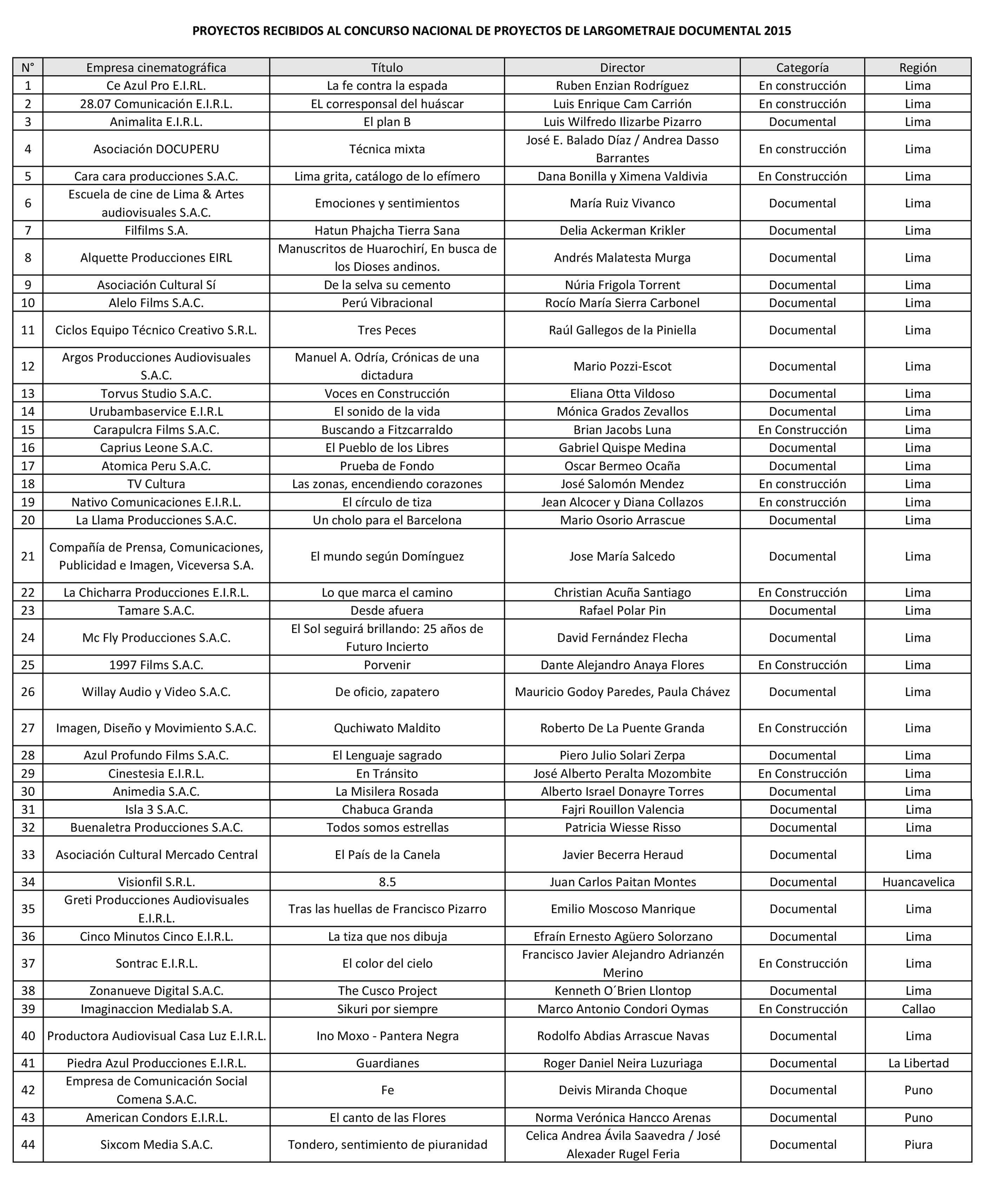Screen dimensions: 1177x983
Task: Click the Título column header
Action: point(387,68)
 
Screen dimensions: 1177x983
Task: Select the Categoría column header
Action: point(802,68)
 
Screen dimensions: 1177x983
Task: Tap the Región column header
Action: point(917,68)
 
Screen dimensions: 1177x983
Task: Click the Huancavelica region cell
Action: point(918,882)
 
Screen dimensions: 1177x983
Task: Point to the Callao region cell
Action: point(918,1009)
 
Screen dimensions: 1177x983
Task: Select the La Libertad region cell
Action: point(918,1063)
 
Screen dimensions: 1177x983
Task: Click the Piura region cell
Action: point(918,1144)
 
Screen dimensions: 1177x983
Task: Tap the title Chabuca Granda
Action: point(387,809)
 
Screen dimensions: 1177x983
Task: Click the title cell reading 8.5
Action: point(387,882)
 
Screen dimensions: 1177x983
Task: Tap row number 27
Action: point(28,728)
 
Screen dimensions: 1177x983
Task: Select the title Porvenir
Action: point(387,665)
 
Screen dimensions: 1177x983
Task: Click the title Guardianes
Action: point(387,1063)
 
